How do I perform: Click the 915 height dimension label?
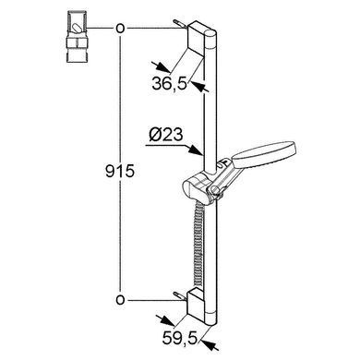point(120,171)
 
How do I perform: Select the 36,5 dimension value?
point(169,83)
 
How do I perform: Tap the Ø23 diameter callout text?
point(166,135)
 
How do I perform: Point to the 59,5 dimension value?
point(179,339)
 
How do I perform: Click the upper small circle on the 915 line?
point(120,29)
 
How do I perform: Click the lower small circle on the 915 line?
point(120,299)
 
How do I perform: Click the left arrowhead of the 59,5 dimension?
point(168,322)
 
